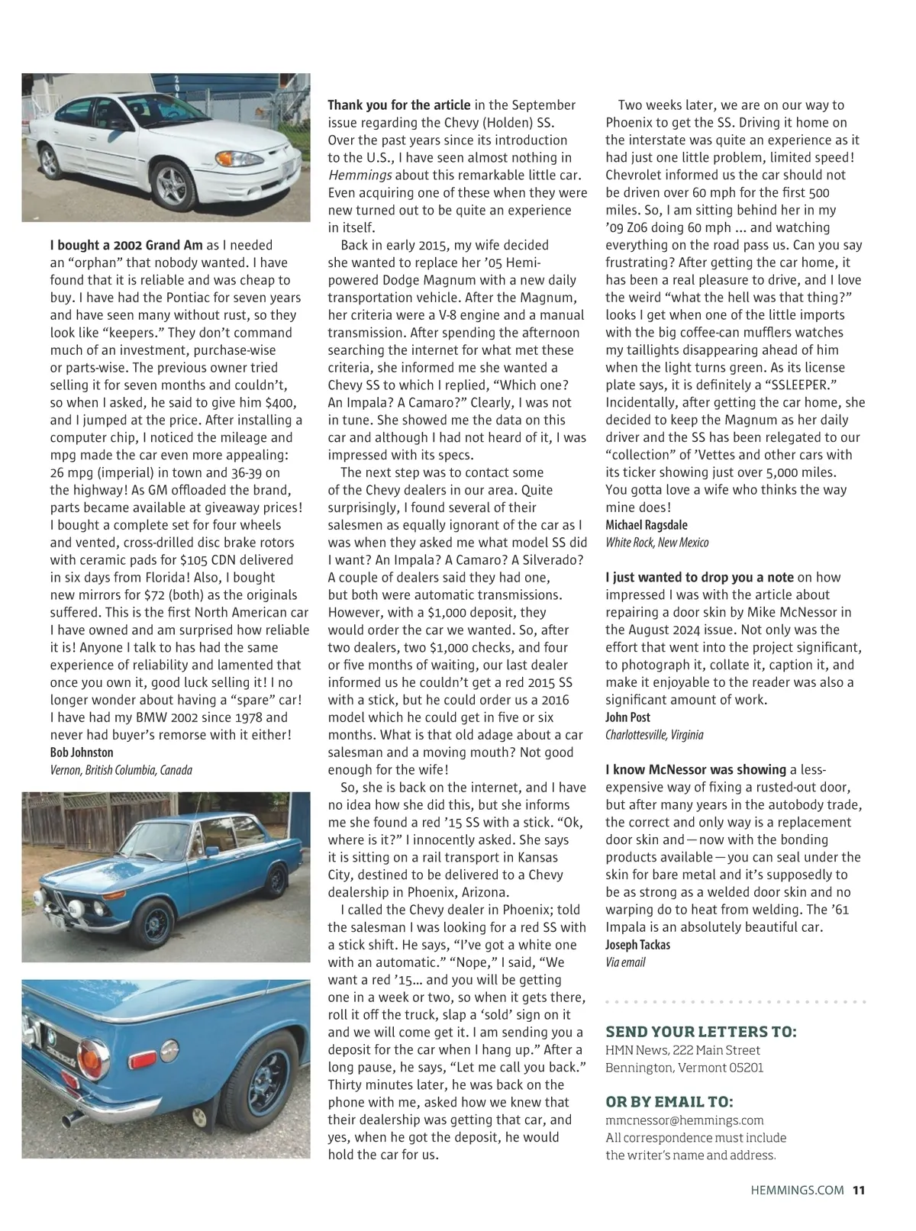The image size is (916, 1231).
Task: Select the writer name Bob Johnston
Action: [x=82, y=752]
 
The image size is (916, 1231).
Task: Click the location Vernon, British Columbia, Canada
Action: [x=121, y=770]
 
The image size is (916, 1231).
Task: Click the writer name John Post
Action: [x=628, y=717]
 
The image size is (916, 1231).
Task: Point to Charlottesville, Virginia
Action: [x=654, y=735]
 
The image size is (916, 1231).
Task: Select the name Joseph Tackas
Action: [x=638, y=945]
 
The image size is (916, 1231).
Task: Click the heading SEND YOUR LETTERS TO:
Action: [x=701, y=1033]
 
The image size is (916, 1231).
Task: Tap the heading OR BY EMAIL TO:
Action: [x=669, y=1102]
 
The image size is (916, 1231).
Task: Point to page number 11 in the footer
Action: [x=859, y=1190]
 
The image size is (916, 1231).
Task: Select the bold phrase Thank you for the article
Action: [x=399, y=105]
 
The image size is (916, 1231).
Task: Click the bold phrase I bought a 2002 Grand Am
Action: [x=127, y=245]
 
